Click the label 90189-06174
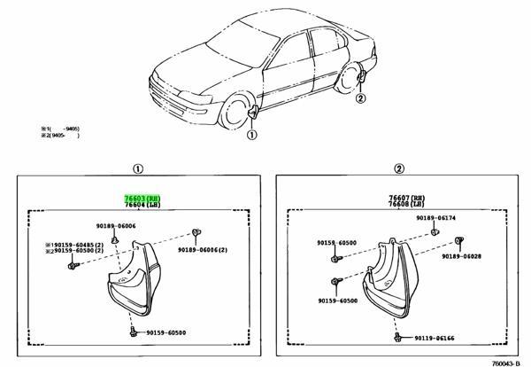464,217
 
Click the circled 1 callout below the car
250,136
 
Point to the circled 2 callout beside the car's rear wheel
360,98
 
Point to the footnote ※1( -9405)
60,130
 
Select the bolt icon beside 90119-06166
399,338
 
